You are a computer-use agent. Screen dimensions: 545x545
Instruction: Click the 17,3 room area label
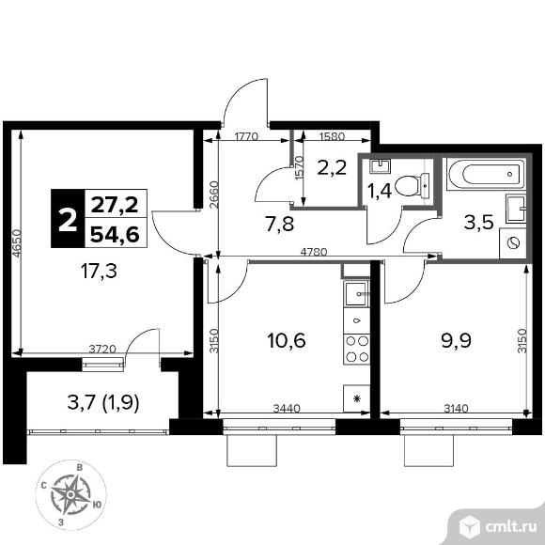coord(99,272)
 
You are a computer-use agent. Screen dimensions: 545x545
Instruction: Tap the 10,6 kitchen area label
coord(287,340)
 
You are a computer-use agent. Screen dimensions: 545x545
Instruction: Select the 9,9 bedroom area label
coord(456,340)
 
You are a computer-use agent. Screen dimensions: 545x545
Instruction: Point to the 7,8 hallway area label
coord(279,224)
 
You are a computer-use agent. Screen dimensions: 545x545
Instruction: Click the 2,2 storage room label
coord(332,167)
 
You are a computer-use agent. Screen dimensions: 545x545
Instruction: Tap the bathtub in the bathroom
coord(486,175)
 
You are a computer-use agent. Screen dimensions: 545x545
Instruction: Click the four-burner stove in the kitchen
coord(357,350)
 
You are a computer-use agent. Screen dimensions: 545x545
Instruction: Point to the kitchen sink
coord(356,294)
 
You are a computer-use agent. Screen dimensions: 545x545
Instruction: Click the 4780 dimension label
coord(314,252)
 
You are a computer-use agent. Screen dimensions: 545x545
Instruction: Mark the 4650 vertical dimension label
coord(17,242)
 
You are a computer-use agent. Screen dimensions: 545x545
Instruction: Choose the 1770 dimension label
coord(246,136)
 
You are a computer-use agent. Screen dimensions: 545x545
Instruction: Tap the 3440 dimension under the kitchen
coord(287,408)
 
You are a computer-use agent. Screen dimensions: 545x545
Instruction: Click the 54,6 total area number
coord(115,234)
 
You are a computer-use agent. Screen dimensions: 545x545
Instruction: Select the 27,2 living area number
coord(115,205)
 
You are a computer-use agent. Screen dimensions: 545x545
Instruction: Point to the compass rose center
coord(70,494)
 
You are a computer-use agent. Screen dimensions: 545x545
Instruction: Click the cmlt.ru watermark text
coord(511,527)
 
